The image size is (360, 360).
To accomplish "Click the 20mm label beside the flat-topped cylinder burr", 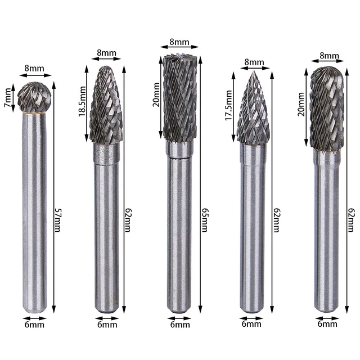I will (x=157, y=93).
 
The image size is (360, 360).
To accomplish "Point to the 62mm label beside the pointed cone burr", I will (x=276, y=214).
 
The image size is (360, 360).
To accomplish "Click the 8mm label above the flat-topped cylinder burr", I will (x=178, y=42).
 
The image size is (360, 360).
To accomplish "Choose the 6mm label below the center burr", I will (x=179, y=324).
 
